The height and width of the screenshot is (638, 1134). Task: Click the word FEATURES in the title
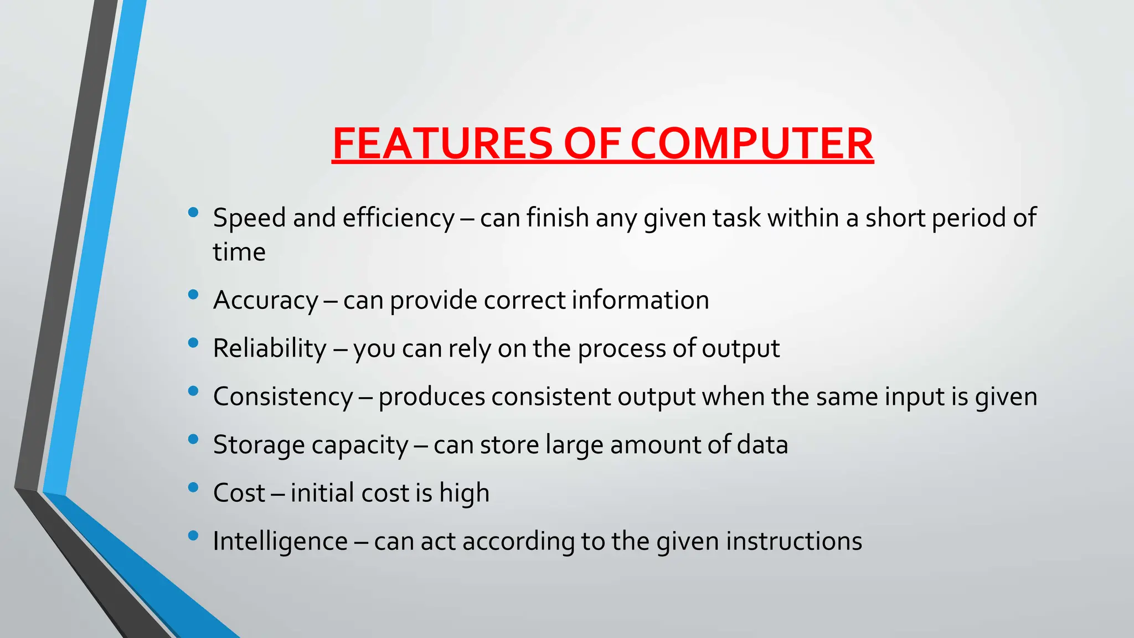pyautogui.click(x=442, y=143)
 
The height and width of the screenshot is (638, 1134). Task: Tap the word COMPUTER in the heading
pyautogui.click(x=751, y=143)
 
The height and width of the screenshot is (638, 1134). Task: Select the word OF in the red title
pyautogui.click(x=591, y=143)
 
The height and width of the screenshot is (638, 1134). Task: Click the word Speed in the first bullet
pyautogui.click(x=250, y=218)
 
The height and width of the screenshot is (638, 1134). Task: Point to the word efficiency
pyautogui.click(x=399, y=218)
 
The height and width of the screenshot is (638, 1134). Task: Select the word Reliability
pyautogui.click(x=270, y=349)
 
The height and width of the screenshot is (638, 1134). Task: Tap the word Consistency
pyautogui.click(x=283, y=397)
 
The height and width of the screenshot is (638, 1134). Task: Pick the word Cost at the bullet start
pyautogui.click(x=239, y=493)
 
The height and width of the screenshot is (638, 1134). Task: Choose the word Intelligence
pyautogui.click(x=280, y=542)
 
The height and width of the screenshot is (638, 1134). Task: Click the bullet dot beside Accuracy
pyautogui.click(x=193, y=295)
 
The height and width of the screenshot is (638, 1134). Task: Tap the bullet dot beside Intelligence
pyautogui.click(x=193, y=536)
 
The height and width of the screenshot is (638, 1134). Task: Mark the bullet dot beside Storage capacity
pyautogui.click(x=193, y=439)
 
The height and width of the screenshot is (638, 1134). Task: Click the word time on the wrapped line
pyautogui.click(x=239, y=253)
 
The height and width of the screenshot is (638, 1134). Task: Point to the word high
pyautogui.click(x=464, y=493)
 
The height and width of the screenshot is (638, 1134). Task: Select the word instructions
pyautogui.click(x=794, y=541)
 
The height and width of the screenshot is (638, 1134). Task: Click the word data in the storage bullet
pyautogui.click(x=762, y=445)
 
